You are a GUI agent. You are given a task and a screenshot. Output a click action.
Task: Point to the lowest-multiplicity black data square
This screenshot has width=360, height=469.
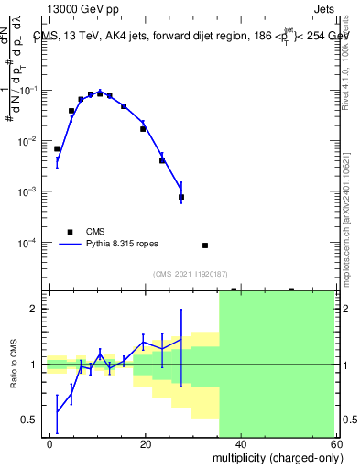[57, 148]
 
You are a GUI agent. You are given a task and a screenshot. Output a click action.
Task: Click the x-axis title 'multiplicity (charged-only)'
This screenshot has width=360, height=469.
[273, 457]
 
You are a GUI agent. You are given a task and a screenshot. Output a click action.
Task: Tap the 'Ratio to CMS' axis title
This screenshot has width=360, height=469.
[13, 364]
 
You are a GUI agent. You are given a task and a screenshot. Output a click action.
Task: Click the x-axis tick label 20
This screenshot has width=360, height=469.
[145, 443]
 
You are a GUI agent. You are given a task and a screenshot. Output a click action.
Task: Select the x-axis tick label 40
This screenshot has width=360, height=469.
[240, 443]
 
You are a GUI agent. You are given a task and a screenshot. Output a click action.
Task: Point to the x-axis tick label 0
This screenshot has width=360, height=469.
[49, 443]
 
